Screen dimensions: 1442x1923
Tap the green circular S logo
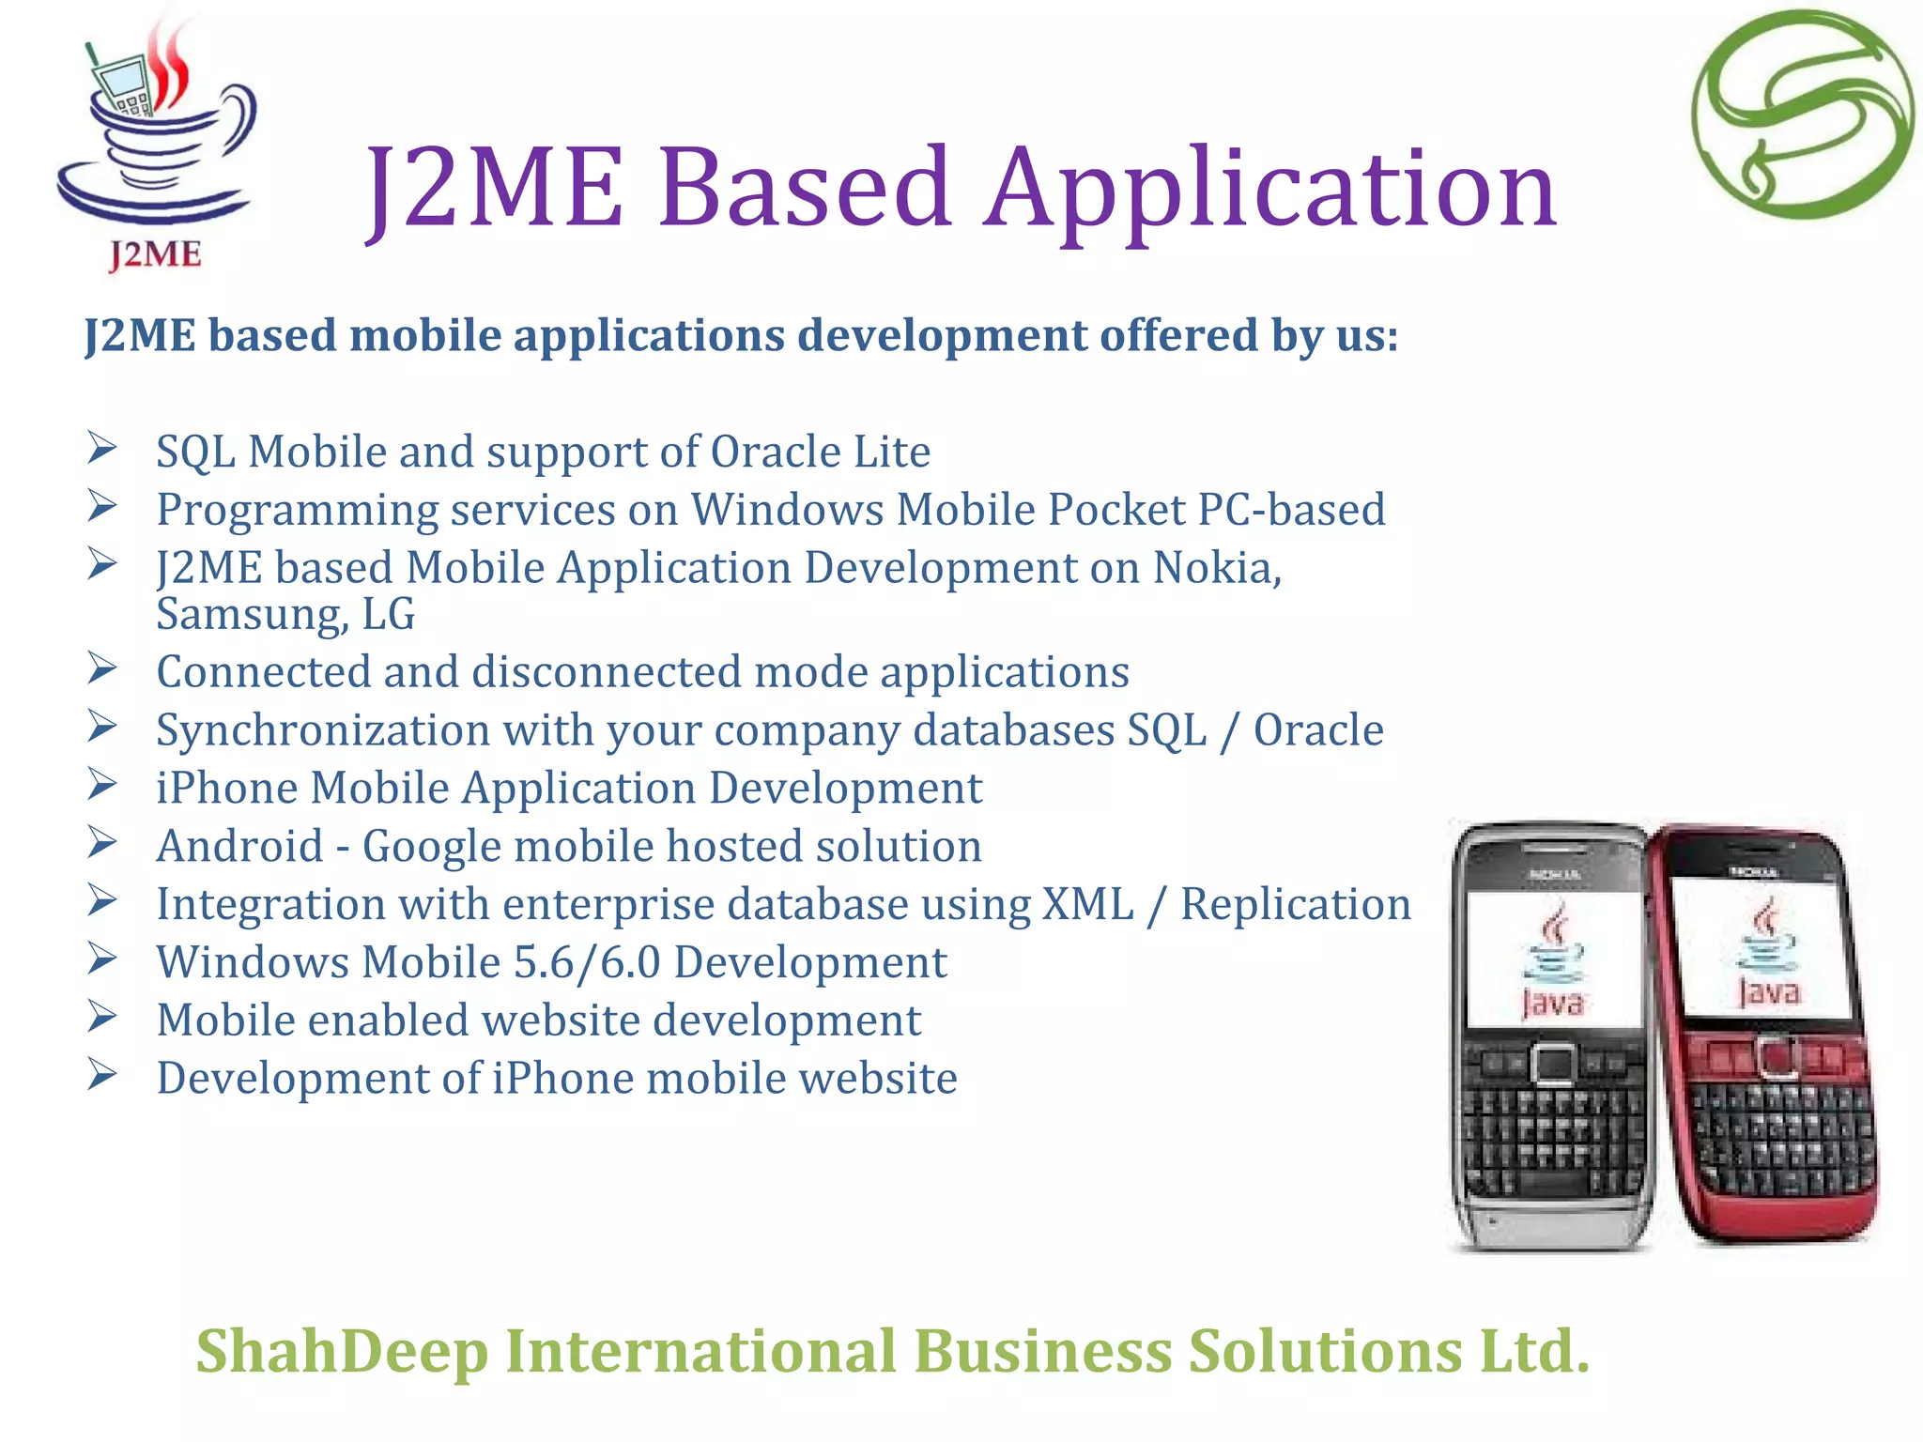tap(1803, 115)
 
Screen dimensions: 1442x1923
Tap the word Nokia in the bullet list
tap(1215, 568)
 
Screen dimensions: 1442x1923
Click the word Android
tap(240, 846)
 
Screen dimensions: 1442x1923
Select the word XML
tap(1087, 904)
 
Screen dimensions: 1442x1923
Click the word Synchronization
tap(323, 730)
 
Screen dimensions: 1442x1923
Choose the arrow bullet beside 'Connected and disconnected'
tap(101, 668)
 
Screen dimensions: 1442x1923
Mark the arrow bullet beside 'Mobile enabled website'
tap(101, 1017)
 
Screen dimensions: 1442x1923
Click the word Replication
tap(1296, 904)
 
